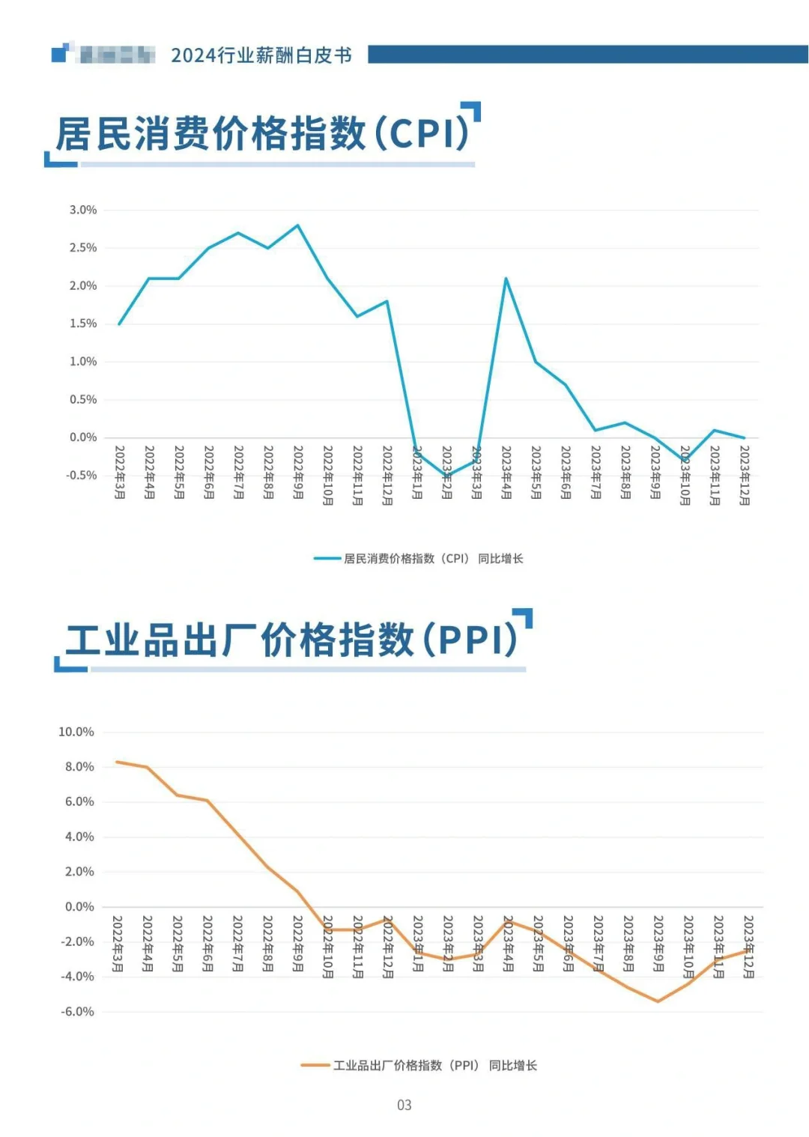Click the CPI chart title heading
(x=262, y=135)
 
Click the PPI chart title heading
(x=292, y=641)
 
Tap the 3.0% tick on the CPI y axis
(x=83, y=210)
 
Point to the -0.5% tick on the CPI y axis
(x=82, y=476)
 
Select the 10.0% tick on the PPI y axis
(x=76, y=732)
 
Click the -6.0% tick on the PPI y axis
(x=78, y=1012)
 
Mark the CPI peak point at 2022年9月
(x=298, y=225)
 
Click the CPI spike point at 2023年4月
(x=506, y=279)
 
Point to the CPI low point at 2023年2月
(x=447, y=476)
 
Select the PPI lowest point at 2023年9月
(x=658, y=1001)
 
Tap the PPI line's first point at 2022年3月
(x=118, y=762)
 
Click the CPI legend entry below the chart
(x=419, y=559)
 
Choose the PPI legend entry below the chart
(x=419, y=1066)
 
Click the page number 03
(x=404, y=1106)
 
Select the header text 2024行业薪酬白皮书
(x=261, y=55)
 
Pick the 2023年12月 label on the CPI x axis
(x=745, y=476)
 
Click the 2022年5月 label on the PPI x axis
(x=178, y=944)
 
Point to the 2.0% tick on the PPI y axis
(x=79, y=872)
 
